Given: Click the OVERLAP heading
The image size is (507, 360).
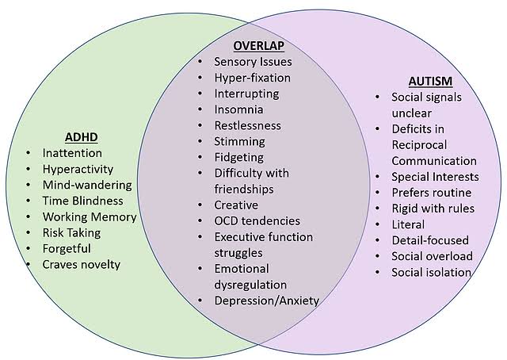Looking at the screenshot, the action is [259, 46].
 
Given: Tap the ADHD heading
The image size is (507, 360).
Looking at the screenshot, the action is [81, 137].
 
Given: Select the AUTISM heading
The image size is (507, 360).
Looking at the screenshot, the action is [430, 81].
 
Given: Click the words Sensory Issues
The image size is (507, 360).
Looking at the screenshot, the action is [253, 62].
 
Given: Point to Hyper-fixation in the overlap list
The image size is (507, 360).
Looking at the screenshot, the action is [253, 78].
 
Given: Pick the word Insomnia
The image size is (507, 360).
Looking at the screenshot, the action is [238, 109].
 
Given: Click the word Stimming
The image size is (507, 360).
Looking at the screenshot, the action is [239, 141].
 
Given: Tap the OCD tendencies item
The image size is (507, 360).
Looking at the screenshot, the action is [257, 221].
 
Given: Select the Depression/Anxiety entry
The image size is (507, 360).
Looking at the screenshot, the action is [267, 301].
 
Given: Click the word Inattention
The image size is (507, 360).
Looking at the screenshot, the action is [72, 153].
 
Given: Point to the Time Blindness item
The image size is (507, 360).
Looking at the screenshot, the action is [82, 201].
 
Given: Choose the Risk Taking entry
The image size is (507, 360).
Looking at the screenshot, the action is [71, 233].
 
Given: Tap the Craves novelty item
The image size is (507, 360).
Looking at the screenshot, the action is [81, 265].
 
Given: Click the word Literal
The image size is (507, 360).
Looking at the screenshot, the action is [408, 224].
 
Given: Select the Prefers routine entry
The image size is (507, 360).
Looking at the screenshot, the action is [432, 193].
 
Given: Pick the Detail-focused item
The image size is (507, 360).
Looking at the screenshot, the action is [430, 240].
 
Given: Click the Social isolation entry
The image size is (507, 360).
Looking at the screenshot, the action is [431, 273].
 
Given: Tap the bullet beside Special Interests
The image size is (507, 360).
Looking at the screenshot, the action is [377, 177].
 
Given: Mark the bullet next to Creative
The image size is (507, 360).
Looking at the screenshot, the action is [200, 205].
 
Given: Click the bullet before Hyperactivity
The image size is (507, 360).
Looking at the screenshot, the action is [29, 170].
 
